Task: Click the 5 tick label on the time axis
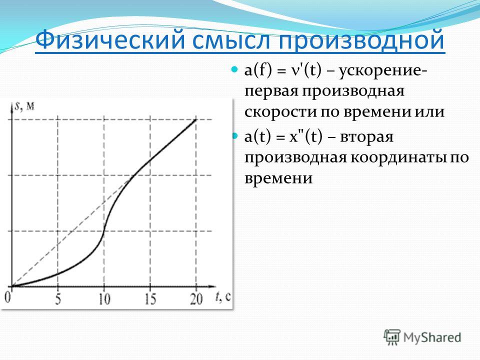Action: click(x=58, y=299)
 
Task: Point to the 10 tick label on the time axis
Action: click(x=104, y=299)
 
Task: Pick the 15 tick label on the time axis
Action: click(x=150, y=299)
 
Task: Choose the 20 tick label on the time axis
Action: click(x=196, y=299)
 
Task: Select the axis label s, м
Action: click(x=24, y=106)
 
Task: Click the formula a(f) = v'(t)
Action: click(x=283, y=71)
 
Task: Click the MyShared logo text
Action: click(x=432, y=338)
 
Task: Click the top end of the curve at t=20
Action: click(x=196, y=119)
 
